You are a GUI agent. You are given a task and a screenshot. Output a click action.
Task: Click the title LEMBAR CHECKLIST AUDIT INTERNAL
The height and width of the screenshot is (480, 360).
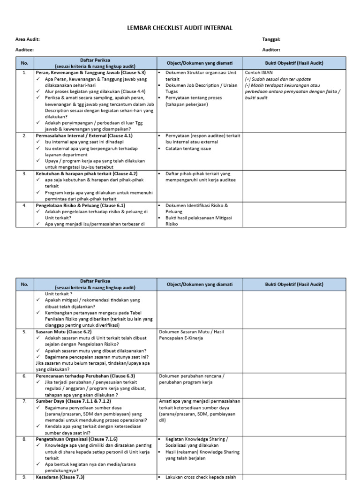point(180,28)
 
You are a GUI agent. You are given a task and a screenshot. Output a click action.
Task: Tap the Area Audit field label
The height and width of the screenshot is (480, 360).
point(28,40)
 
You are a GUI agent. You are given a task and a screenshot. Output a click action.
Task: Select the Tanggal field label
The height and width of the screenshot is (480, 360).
point(271,40)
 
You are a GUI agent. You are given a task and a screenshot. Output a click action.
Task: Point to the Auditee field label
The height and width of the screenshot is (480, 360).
point(24,49)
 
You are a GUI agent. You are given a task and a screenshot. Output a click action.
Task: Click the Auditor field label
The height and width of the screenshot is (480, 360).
point(271,49)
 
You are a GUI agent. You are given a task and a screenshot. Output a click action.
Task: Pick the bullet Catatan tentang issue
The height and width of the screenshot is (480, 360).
point(188,149)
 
